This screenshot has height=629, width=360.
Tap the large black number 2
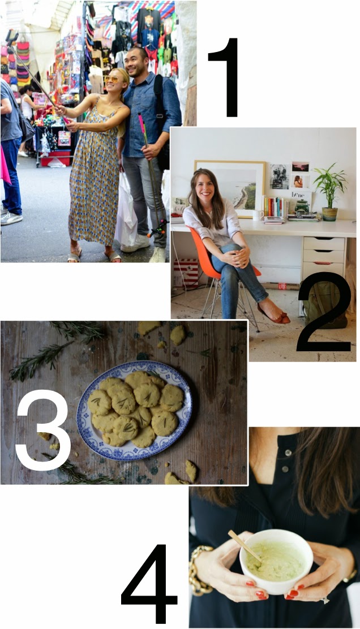click(x=325, y=312)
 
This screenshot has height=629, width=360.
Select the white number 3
click(x=44, y=430)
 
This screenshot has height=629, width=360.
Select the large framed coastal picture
click(x=230, y=188)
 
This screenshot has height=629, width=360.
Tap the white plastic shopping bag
click(x=126, y=210)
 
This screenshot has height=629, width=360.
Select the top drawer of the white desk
click(x=323, y=243)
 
